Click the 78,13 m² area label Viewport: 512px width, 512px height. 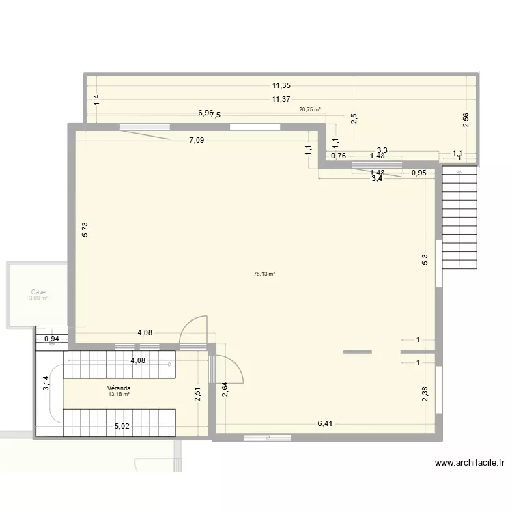264,274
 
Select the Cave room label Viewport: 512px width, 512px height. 38,291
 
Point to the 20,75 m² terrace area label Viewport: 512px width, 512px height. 309,109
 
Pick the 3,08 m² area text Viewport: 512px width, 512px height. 38,298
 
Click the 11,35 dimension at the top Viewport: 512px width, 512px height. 281,86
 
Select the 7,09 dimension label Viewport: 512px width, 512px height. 197,141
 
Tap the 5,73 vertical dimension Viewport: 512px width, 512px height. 85,230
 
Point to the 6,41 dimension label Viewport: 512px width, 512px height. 327,424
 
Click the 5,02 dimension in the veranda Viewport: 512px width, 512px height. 122,427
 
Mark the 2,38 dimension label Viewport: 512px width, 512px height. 425,395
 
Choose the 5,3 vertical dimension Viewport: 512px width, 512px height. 425,260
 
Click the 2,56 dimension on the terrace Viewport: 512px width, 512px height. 465,119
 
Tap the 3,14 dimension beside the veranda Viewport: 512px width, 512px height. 46,384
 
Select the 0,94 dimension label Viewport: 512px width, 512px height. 51,339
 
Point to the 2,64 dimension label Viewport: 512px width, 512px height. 224,390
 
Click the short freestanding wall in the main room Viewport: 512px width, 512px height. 357,352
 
